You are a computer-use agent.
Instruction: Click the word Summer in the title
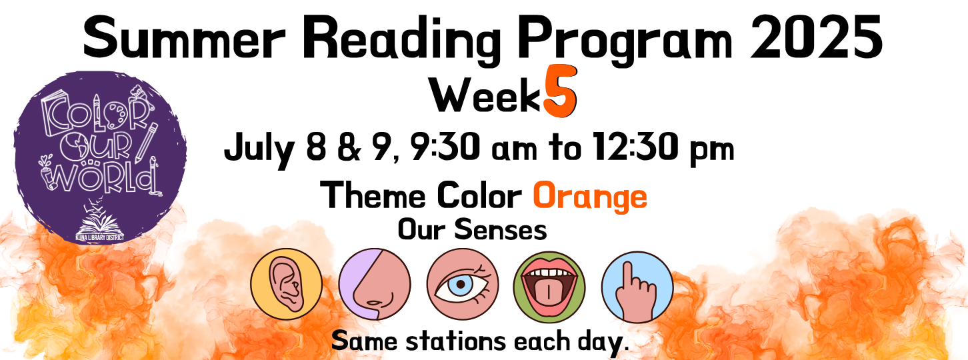click(x=185, y=38)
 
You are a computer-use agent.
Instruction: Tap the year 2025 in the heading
click(x=816, y=37)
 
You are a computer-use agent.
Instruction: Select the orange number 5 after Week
click(x=560, y=91)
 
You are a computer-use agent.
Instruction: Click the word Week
click(x=485, y=97)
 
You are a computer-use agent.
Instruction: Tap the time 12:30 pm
click(x=663, y=147)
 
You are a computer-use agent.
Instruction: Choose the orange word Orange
click(x=590, y=197)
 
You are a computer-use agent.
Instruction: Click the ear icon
click(x=287, y=284)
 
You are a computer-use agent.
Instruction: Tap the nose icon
click(x=375, y=284)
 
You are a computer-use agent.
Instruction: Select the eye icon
click(x=463, y=284)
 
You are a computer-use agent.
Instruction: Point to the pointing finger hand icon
click(x=637, y=287)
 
